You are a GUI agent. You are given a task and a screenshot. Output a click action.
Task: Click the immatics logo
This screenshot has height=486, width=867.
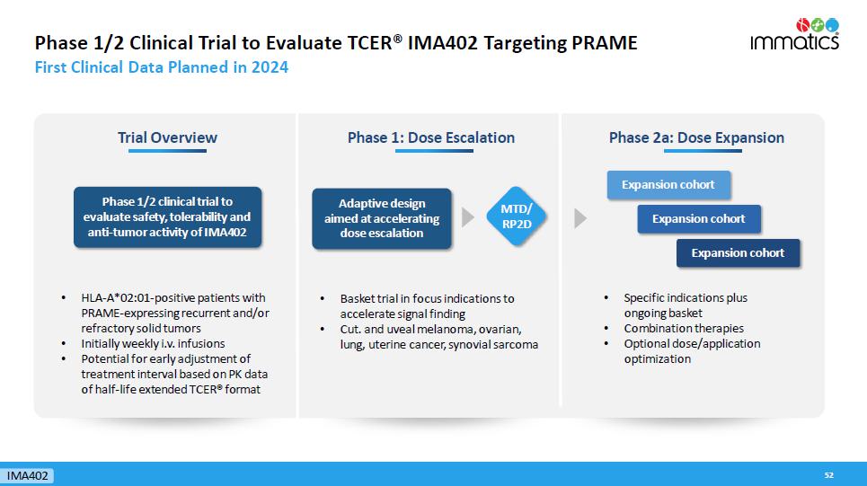(x=794, y=34)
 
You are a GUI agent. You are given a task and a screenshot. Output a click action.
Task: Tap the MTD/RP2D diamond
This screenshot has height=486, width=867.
(x=517, y=216)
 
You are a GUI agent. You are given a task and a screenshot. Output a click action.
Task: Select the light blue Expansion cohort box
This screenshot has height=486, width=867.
(x=668, y=185)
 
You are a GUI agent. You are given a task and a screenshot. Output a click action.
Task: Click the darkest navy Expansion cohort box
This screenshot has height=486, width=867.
(x=739, y=253)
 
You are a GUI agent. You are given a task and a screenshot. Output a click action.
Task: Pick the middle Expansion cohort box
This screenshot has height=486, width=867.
(x=699, y=219)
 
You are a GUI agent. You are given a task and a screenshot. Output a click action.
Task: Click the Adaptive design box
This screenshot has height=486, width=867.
(x=382, y=218)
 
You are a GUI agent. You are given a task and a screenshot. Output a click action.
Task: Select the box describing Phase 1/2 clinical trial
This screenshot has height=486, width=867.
(x=167, y=216)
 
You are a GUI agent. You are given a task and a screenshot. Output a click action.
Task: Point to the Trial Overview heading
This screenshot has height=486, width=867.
(x=167, y=137)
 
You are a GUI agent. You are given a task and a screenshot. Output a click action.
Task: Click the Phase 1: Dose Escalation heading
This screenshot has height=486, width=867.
(x=431, y=137)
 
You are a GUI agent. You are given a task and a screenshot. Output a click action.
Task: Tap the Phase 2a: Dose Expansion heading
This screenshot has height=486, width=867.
(x=696, y=137)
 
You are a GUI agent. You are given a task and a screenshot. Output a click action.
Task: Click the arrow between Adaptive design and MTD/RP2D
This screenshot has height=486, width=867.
(x=468, y=217)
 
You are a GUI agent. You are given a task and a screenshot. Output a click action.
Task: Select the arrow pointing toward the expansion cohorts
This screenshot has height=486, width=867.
(x=580, y=217)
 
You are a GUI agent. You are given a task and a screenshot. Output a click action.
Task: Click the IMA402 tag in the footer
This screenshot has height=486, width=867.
(x=28, y=475)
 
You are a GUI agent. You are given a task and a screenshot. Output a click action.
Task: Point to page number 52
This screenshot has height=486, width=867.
(x=829, y=475)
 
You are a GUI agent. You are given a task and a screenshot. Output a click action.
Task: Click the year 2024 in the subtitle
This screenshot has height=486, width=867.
(x=270, y=67)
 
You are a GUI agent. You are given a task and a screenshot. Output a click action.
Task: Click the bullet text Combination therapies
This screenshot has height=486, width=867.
(x=684, y=329)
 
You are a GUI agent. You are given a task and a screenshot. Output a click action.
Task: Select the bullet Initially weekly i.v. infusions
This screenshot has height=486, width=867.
(x=153, y=343)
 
